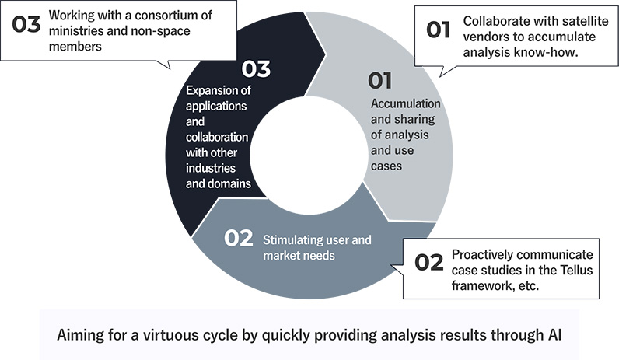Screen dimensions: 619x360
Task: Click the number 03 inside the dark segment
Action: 256,68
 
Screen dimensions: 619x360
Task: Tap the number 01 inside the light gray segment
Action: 379,81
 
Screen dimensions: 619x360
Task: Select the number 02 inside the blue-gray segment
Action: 239,238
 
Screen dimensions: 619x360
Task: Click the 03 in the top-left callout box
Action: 26,24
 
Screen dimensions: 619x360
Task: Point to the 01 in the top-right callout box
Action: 438,30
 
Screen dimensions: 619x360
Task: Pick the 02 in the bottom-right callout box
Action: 429,263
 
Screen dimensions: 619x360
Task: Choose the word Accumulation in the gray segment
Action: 405,103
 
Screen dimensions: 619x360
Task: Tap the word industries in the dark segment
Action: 211,168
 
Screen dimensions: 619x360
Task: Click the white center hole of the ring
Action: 309,156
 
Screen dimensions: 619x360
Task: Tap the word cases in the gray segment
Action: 386,166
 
